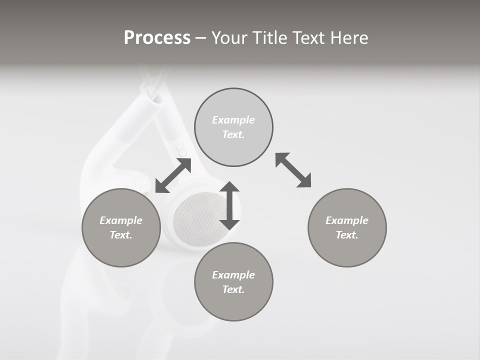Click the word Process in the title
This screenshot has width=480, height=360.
point(157,38)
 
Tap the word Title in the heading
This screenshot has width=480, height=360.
point(269,38)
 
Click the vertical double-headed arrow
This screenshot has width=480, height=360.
point(229,206)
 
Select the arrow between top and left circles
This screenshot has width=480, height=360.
point(173,175)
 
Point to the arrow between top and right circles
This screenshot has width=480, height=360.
point(293,170)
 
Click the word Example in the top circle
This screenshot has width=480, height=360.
point(233,120)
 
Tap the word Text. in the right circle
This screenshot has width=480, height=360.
point(347,235)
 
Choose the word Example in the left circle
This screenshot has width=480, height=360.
point(121,220)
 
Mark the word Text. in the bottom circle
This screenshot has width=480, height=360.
point(233,289)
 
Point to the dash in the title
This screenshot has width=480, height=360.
point(201,38)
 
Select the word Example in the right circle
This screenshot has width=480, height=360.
point(347,220)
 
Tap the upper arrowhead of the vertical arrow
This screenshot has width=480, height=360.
point(229,187)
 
